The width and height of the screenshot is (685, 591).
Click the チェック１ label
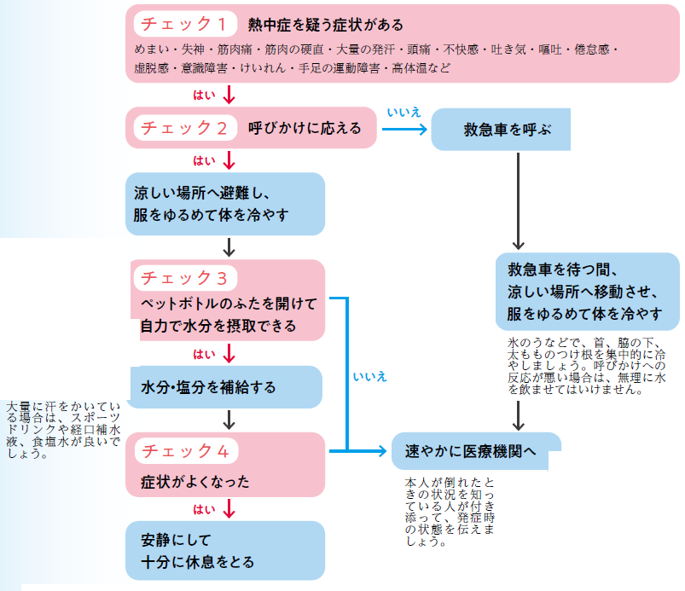[x=183, y=24]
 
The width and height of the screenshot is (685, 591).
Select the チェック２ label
[x=183, y=128]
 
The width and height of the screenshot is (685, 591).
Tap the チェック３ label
[x=183, y=278]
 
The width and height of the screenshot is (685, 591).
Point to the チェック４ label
[x=183, y=450]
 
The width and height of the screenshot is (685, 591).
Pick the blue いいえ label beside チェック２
[x=403, y=112]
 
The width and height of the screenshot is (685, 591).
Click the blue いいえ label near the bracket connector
[x=369, y=375]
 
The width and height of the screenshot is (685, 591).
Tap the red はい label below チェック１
[x=205, y=94]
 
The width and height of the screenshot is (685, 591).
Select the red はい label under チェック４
[x=205, y=510]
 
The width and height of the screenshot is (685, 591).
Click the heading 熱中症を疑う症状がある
[x=325, y=24]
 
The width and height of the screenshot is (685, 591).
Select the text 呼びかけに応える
[x=305, y=128]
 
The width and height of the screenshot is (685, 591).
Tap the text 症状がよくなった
[x=194, y=482]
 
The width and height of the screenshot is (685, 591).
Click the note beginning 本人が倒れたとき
[x=450, y=511]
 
